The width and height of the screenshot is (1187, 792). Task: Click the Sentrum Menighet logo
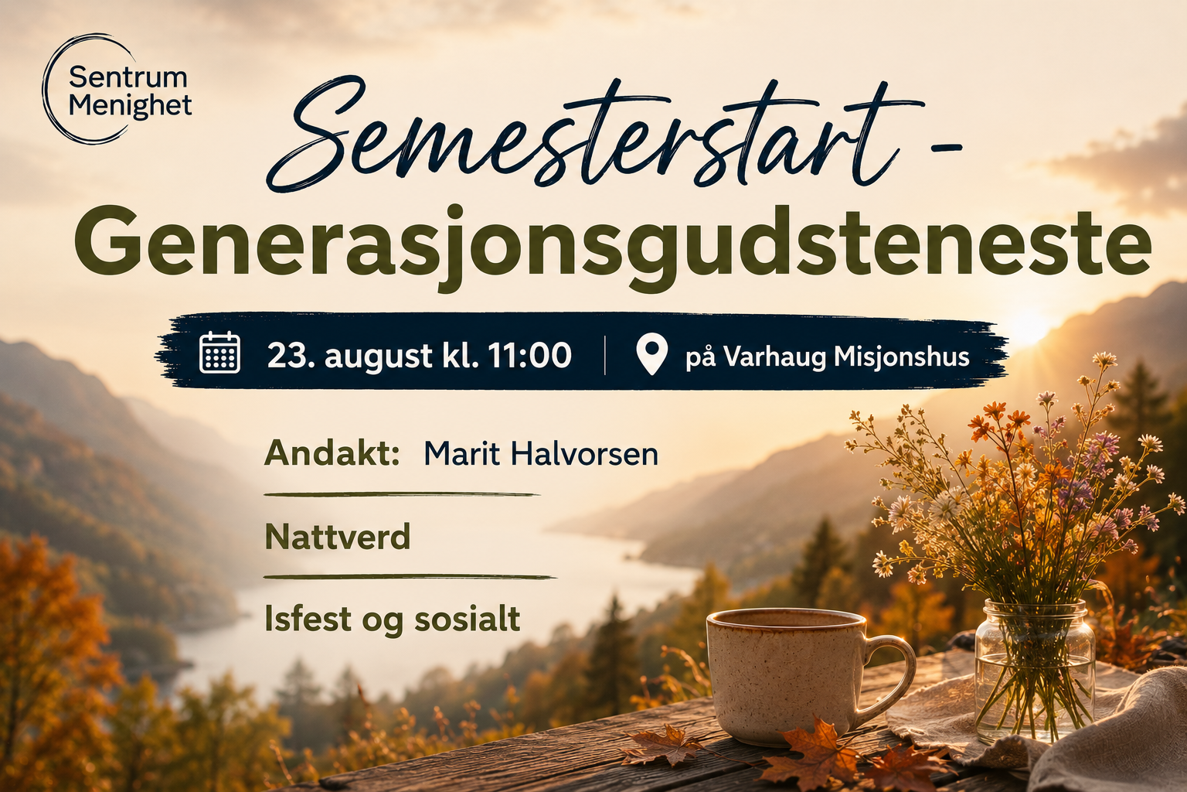tap(117, 89)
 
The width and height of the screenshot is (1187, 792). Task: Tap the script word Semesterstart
tap(593, 135)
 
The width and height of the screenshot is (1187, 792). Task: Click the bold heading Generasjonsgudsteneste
tap(613, 247)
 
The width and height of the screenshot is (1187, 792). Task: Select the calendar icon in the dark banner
tap(220, 353)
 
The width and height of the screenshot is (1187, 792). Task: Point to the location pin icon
tap(651, 354)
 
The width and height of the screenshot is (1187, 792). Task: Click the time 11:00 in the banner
tap(529, 355)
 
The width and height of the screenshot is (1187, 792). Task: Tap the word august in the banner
tap(379, 357)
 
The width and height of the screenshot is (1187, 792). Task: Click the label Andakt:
tap(332, 453)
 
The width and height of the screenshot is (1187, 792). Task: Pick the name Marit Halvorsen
tap(541, 454)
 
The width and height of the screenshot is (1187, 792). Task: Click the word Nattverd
tap(338, 536)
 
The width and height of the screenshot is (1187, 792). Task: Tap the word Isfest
tap(308, 618)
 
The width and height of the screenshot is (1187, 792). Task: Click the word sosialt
tap(467, 619)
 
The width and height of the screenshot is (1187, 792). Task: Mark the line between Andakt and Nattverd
tap(402, 494)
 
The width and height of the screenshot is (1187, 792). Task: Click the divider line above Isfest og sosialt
tap(410, 577)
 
